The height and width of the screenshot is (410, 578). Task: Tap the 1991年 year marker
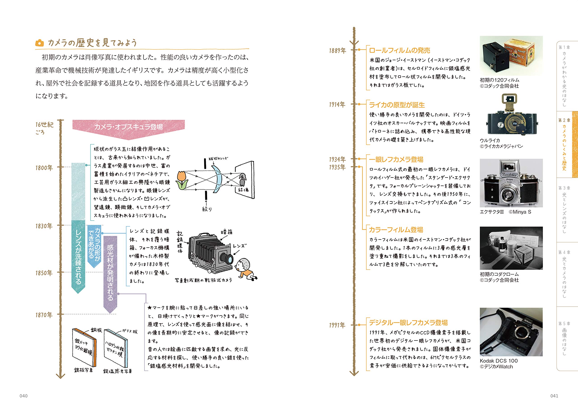tap(337, 325)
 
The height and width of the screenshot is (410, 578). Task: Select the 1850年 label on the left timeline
tap(44, 273)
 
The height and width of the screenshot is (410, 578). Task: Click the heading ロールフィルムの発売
tap(399, 51)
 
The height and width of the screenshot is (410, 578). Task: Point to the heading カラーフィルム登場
tap(396, 230)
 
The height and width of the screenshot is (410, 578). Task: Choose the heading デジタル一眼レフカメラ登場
tap(408, 323)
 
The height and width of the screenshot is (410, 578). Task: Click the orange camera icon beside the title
tap(39, 43)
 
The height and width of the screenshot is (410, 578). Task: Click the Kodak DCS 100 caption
tap(498, 361)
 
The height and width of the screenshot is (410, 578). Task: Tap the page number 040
tap(23, 396)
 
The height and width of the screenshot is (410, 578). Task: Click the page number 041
tap(554, 396)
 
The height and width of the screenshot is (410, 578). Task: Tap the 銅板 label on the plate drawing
tap(96, 330)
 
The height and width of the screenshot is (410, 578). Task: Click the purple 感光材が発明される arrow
tap(110, 273)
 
